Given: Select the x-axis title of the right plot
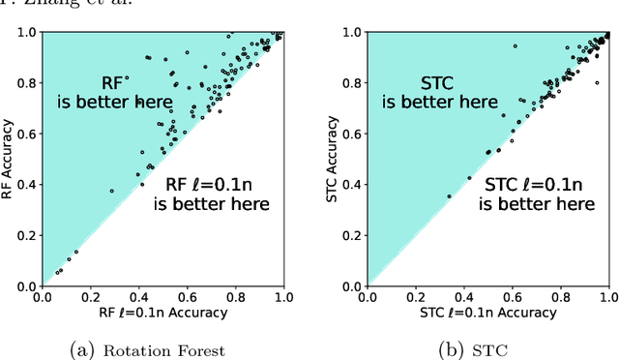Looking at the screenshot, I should click(488, 313).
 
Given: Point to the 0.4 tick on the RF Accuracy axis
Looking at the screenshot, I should click(26, 185).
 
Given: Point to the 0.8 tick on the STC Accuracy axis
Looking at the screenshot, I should click(353, 83).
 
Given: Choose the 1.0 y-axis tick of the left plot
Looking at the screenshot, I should click(26, 32).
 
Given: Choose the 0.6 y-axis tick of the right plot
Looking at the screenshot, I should click(353, 134).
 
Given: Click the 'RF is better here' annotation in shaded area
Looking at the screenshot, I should click(127, 92).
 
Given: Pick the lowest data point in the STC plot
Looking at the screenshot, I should click(449, 196).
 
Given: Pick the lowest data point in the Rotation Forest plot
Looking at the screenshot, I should click(57, 273).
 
